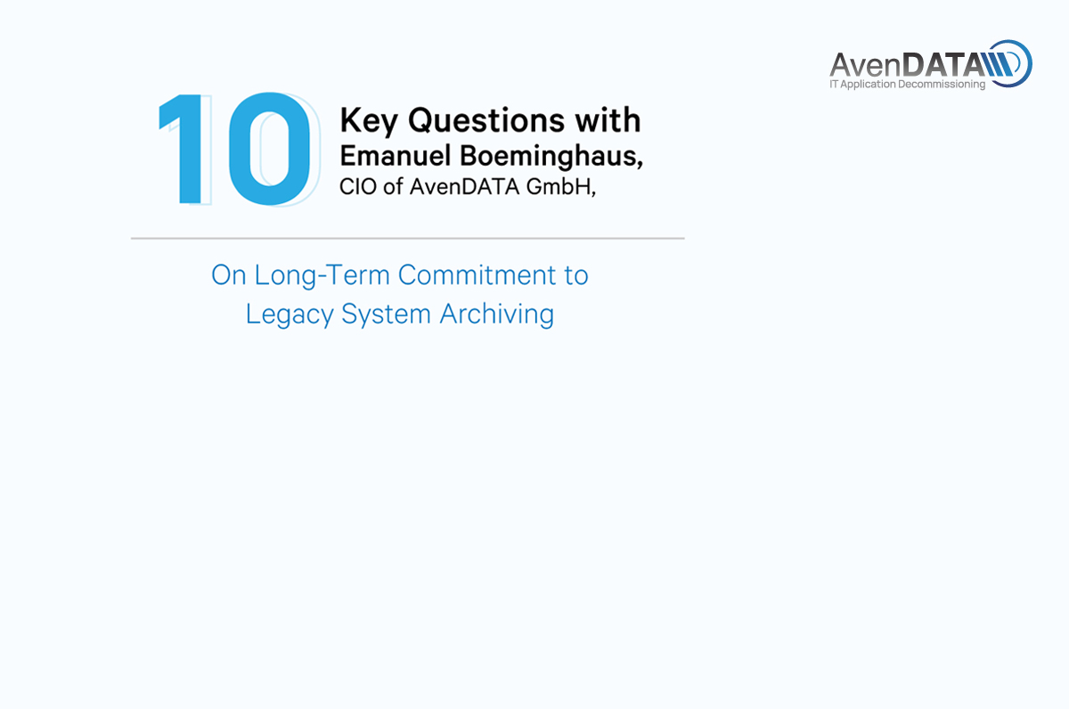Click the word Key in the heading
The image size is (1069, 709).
click(369, 121)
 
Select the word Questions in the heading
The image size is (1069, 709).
click(486, 121)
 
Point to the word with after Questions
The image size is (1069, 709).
click(608, 119)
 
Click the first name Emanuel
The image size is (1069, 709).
click(396, 156)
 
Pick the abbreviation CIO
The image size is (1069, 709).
click(358, 186)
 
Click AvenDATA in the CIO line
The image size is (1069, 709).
click(464, 186)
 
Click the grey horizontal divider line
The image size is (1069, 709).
click(408, 238)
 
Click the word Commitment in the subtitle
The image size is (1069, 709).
click(477, 275)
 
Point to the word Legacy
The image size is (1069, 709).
click(290, 315)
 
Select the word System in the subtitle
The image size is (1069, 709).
click(386, 315)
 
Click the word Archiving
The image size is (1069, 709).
click(497, 315)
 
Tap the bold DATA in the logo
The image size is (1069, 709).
click(943, 65)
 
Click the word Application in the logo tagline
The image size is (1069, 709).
click(868, 85)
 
